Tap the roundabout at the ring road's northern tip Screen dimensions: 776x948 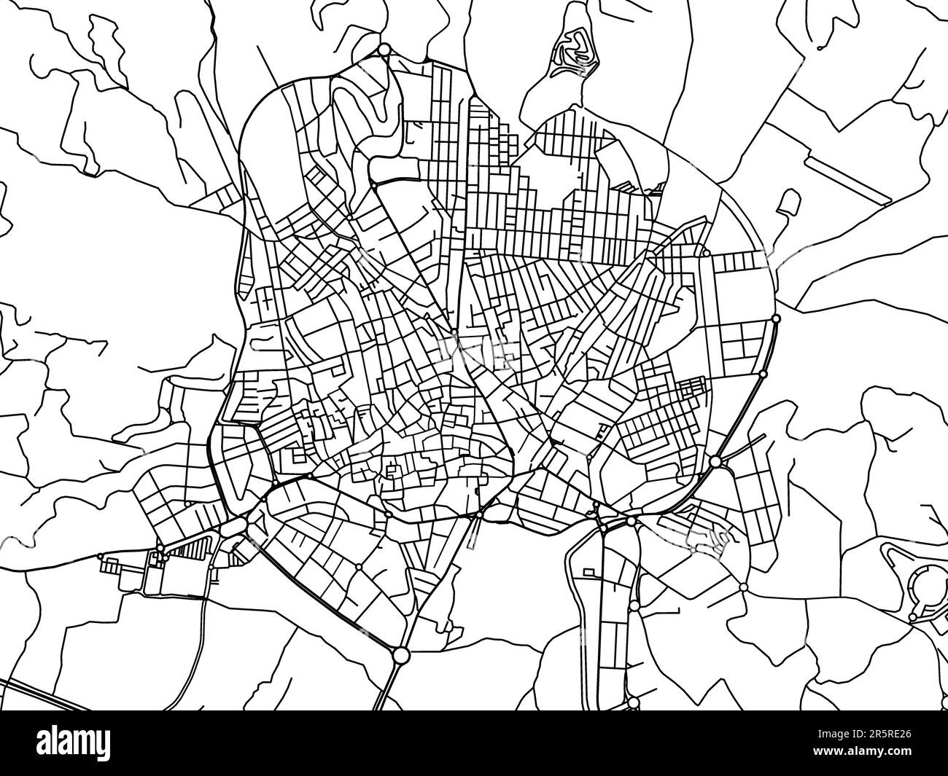pos(384,50)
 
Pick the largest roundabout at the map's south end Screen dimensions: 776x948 pos(400,655)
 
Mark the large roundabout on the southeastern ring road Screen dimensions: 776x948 pos(715,461)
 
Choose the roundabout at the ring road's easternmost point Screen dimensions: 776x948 pos(775,318)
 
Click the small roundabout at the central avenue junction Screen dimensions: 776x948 pos(454,332)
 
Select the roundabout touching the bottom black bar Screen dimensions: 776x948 pos(633,702)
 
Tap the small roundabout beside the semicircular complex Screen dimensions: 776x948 pos(912,618)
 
